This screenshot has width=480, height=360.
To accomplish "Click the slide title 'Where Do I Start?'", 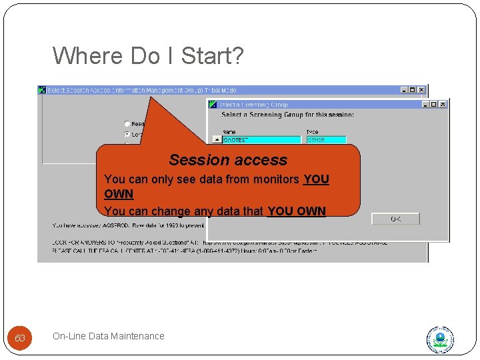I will [x=148, y=56].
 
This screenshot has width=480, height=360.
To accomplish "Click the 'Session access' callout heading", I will [x=228, y=160].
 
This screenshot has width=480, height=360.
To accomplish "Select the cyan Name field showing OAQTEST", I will [x=261, y=140].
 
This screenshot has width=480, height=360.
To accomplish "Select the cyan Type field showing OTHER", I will [x=325, y=140].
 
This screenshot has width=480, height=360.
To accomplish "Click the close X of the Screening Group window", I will [x=443, y=105].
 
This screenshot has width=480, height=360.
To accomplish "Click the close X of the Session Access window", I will [x=421, y=90].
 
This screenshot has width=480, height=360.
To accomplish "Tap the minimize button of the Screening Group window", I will [x=425, y=105].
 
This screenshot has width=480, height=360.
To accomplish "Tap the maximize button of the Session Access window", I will [x=413, y=90].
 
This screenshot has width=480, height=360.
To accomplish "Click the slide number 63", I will [x=20, y=338].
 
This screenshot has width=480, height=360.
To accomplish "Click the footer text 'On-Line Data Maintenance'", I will [x=108, y=336].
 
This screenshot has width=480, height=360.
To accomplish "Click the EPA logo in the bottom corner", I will [x=440, y=340].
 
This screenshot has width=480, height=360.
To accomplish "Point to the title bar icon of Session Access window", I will [x=43, y=90].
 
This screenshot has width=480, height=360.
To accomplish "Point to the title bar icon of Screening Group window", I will [x=213, y=105].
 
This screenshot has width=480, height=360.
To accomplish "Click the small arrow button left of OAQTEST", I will [x=217, y=140].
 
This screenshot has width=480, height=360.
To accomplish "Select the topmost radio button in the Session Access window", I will [x=127, y=123].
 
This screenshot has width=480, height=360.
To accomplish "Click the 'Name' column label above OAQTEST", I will [x=229, y=132].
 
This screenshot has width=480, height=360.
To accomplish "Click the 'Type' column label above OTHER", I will [x=312, y=132].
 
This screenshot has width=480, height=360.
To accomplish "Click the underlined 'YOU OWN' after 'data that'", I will [x=296, y=211].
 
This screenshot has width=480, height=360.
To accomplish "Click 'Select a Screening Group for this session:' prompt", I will [x=287, y=115].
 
